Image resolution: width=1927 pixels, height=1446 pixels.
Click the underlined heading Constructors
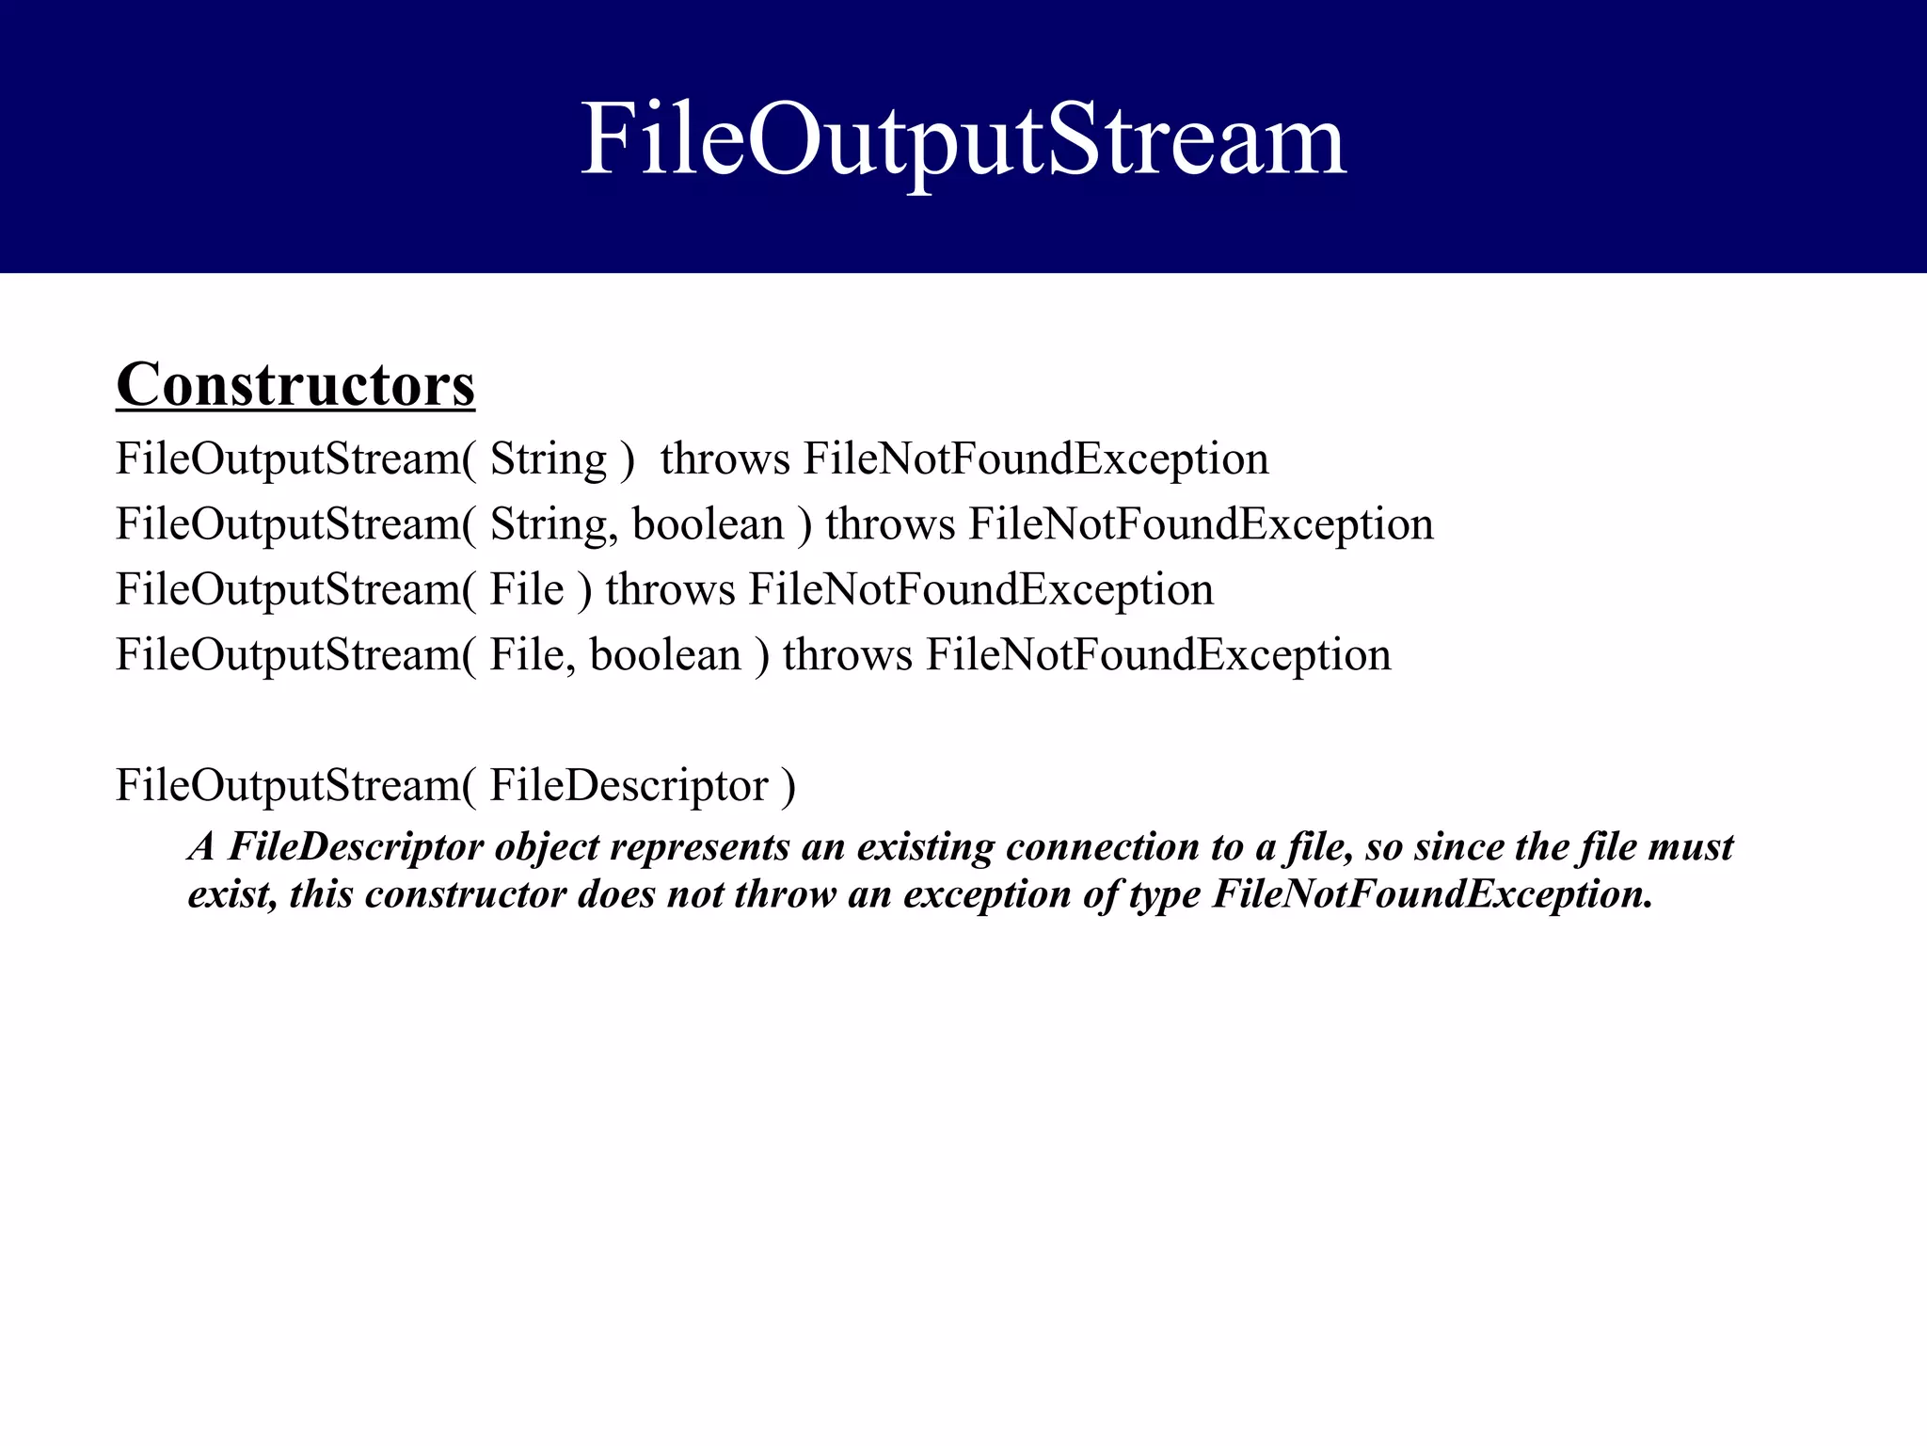[x=295, y=385]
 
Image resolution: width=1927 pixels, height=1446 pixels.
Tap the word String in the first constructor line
[x=549, y=460]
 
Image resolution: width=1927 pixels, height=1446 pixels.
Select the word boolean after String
[x=708, y=524]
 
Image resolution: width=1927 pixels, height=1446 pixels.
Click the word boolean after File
[x=665, y=655]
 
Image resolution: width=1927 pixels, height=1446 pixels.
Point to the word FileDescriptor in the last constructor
[x=629, y=786]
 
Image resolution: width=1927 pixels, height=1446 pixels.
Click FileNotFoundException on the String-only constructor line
[x=1036, y=460]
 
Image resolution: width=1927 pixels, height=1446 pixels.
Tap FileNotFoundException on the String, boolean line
[x=1202, y=524]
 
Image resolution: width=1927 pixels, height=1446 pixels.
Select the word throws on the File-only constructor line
[x=670, y=590]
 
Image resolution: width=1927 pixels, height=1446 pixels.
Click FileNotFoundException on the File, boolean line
[x=1158, y=655]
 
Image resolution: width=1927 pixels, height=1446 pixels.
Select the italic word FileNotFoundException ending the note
[x=1432, y=894]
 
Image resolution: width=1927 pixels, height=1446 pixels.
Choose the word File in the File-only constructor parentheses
[x=526, y=590]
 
